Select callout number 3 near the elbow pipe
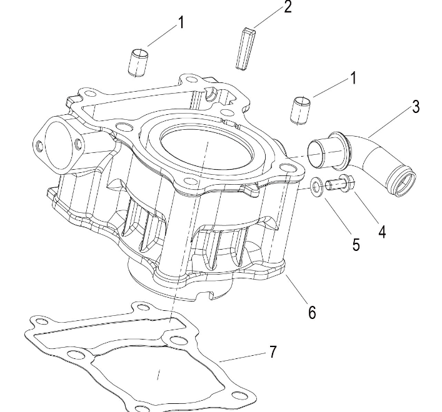tap(414, 106)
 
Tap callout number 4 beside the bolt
tap(381, 231)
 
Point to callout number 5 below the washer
tap(356, 244)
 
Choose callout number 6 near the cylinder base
tap(312, 311)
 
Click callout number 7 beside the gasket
tap(273, 352)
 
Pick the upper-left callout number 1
tap(181, 23)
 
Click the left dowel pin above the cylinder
tap(138, 61)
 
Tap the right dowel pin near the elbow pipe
tap(301, 109)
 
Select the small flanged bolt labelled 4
tap(342, 184)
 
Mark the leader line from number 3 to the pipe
tap(389, 122)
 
